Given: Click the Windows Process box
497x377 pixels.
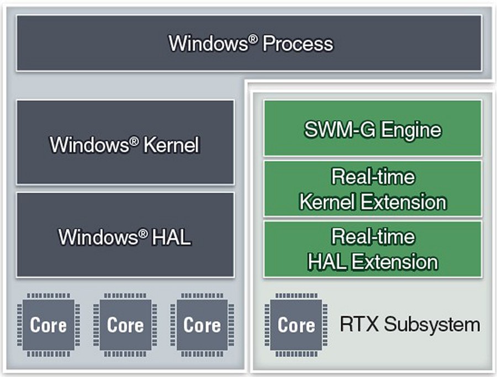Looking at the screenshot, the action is click(249, 43).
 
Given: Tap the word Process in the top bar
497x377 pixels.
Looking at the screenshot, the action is click(298, 44).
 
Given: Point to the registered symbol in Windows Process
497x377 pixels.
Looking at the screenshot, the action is click(252, 39).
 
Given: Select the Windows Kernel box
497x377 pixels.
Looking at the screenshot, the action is click(125, 142).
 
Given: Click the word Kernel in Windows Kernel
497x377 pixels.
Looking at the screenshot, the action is click(172, 145).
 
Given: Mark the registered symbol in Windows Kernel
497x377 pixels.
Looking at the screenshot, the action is click(134, 141).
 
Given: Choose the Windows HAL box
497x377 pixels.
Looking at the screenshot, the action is click(125, 235).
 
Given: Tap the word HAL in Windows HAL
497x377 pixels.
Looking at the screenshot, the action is click(172, 237).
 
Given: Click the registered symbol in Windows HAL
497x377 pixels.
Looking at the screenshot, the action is click(143, 233).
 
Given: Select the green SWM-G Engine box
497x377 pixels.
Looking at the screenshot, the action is click(373, 128).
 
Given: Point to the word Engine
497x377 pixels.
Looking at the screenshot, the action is click(411, 130).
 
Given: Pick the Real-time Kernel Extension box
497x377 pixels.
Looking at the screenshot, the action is click(373, 189).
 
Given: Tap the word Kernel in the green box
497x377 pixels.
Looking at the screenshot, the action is click(327, 202).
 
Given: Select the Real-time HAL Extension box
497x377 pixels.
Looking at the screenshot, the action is click(373, 249).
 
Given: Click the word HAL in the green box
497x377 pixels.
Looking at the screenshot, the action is click(327, 262).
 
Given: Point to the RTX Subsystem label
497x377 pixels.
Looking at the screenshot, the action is click(410, 325).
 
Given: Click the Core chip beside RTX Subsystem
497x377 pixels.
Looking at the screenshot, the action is click(296, 325).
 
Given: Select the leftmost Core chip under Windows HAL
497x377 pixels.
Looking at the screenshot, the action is click(48, 325).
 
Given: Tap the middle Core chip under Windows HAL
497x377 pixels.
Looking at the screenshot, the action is click(125, 325).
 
